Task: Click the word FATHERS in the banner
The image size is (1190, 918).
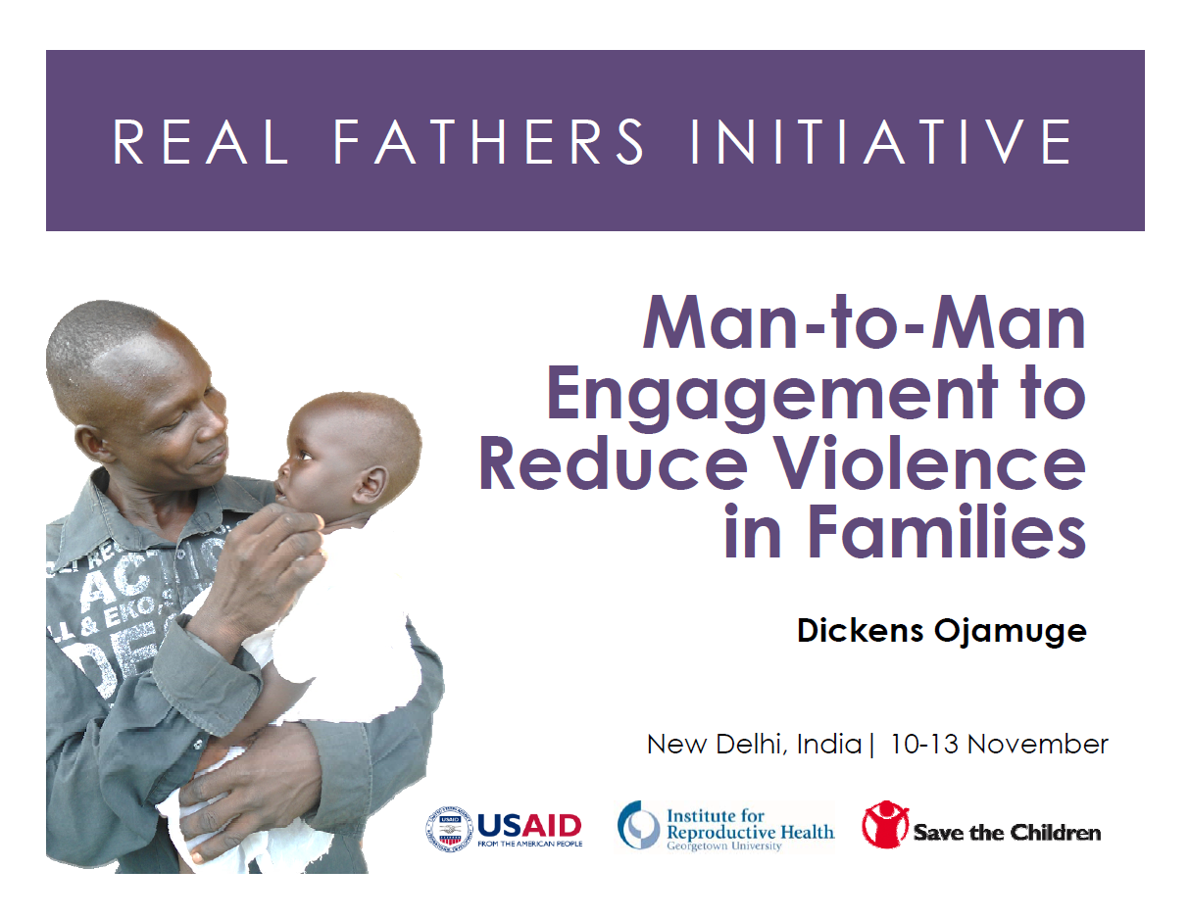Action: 488,141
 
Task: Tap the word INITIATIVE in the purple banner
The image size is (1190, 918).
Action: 881,141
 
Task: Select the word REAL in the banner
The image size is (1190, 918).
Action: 200,141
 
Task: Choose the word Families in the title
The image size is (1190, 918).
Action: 947,531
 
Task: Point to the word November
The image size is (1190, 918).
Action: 1038,745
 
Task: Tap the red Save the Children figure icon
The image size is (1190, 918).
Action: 885,825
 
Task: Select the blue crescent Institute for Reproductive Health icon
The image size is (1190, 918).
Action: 638,825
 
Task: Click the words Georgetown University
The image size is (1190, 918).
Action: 724,846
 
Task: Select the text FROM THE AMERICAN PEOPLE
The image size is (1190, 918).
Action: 530,845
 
